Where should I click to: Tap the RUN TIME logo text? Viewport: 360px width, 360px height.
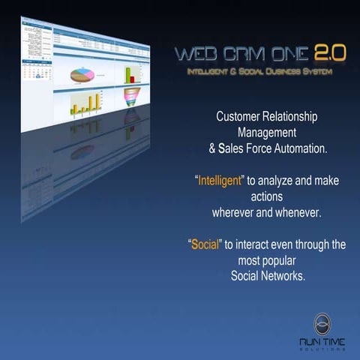pos(324,342)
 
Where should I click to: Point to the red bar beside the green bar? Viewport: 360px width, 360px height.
pos(136,77)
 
